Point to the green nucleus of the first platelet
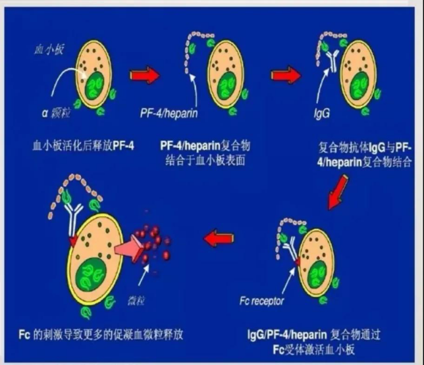tap(97, 85)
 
